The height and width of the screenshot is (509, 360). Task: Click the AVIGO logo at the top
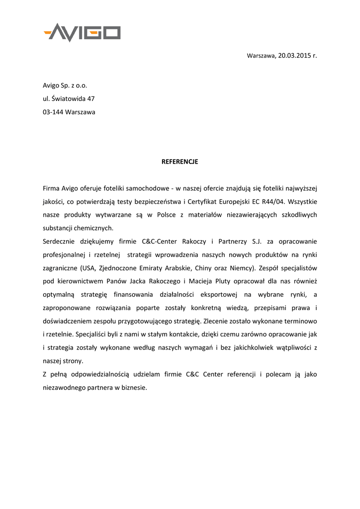[x=83, y=32]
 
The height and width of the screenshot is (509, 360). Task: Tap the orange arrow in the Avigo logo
[x=49, y=33]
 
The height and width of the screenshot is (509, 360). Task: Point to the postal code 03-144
[x=53, y=112]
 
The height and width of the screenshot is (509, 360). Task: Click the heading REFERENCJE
[x=180, y=162]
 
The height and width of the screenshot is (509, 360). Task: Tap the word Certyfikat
[x=206, y=202]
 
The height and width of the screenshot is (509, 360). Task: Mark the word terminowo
[x=299, y=321]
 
